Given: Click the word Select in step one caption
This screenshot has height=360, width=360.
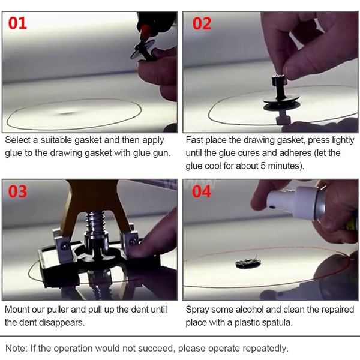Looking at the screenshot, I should tap(19, 140).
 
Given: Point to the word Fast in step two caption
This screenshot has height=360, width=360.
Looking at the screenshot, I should tap(196, 140).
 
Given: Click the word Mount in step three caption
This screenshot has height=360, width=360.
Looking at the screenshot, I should tap(19, 310).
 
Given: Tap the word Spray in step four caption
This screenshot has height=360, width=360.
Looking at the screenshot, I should tap(198, 310).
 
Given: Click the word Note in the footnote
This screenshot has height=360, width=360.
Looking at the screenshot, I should tap(16, 348).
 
